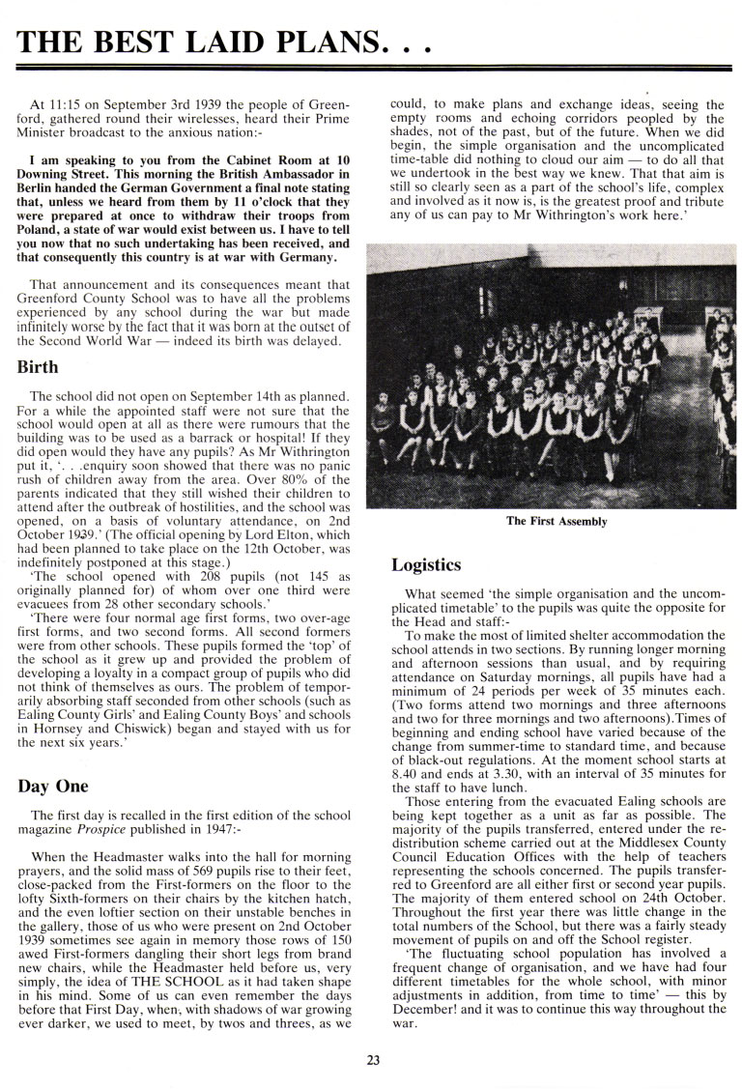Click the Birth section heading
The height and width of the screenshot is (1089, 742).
(x=38, y=367)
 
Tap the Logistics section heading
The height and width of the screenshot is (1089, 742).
(x=426, y=564)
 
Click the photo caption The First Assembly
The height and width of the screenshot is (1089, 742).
(x=556, y=522)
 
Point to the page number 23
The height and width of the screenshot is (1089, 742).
(x=373, y=1060)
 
